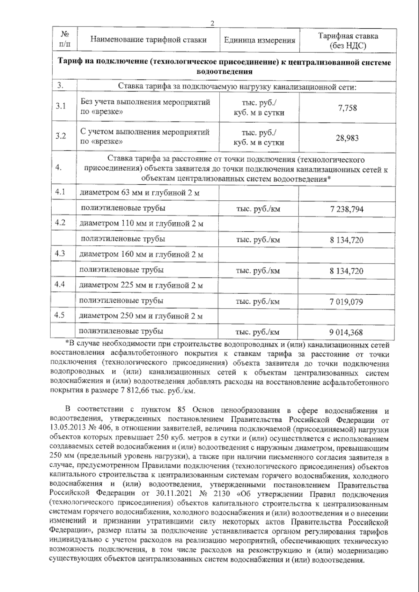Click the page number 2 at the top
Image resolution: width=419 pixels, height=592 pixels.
click(x=212, y=24)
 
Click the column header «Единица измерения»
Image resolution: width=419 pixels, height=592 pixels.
click(x=259, y=40)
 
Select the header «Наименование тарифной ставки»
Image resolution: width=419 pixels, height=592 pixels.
click(x=148, y=39)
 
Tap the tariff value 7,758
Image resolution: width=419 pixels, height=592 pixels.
click(x=347, y=108)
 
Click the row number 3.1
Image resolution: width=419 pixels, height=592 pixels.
click(x=61, y=106)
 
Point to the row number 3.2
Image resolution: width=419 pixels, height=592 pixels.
click(x=61, y=136)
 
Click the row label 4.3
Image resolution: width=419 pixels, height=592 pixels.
click(x=60, y=253)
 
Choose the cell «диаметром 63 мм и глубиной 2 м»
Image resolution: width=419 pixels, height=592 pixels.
click(x=140, y=193)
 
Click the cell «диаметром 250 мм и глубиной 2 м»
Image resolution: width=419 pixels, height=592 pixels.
click(x=141, y=316)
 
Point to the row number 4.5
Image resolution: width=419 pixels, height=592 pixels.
click(x=60, y=315)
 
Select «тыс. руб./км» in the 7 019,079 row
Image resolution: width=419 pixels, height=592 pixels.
click(x=258, y=302)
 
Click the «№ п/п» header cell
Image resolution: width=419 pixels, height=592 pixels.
click(x=65, y=39)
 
